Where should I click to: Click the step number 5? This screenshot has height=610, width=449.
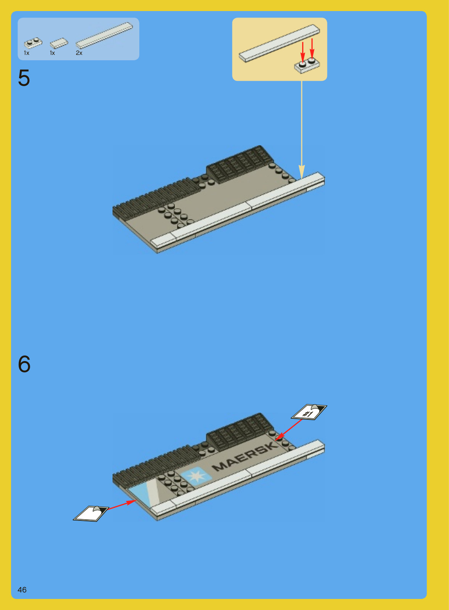24,78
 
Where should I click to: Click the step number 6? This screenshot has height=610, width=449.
24,364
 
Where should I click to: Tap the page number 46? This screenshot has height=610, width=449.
22,589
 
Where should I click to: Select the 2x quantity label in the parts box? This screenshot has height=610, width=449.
79,53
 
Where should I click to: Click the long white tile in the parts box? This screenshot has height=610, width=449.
104,35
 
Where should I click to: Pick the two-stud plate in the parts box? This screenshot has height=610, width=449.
33,43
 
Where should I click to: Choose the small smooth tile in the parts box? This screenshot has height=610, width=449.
59,43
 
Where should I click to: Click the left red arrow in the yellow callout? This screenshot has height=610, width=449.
303,52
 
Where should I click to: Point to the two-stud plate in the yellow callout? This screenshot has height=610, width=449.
307,66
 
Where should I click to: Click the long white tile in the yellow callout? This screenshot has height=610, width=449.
279,43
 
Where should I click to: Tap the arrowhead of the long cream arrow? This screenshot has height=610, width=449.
302,172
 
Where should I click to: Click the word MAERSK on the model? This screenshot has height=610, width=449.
245,456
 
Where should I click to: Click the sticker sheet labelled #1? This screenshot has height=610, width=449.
309,412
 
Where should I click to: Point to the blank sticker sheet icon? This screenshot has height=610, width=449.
91,514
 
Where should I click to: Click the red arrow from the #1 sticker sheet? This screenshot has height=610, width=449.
288,430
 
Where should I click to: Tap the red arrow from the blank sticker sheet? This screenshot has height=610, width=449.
122,505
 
